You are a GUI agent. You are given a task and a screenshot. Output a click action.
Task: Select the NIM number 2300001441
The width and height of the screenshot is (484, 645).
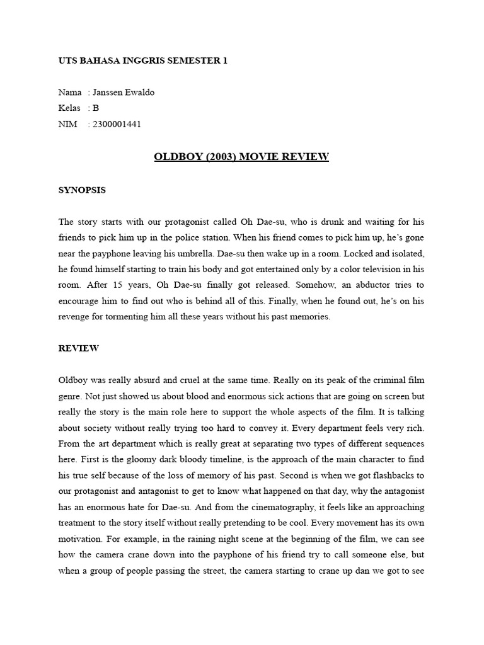point(117,124)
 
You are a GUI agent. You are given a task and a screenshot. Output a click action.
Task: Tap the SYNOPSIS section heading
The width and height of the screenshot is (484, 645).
point(82,190)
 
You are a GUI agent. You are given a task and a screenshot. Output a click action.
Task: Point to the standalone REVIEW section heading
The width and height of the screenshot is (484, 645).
point(79,348)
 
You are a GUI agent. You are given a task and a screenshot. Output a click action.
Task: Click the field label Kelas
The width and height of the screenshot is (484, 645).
point(69,108)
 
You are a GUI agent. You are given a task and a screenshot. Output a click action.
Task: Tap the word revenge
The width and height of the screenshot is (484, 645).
point(76,317)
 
